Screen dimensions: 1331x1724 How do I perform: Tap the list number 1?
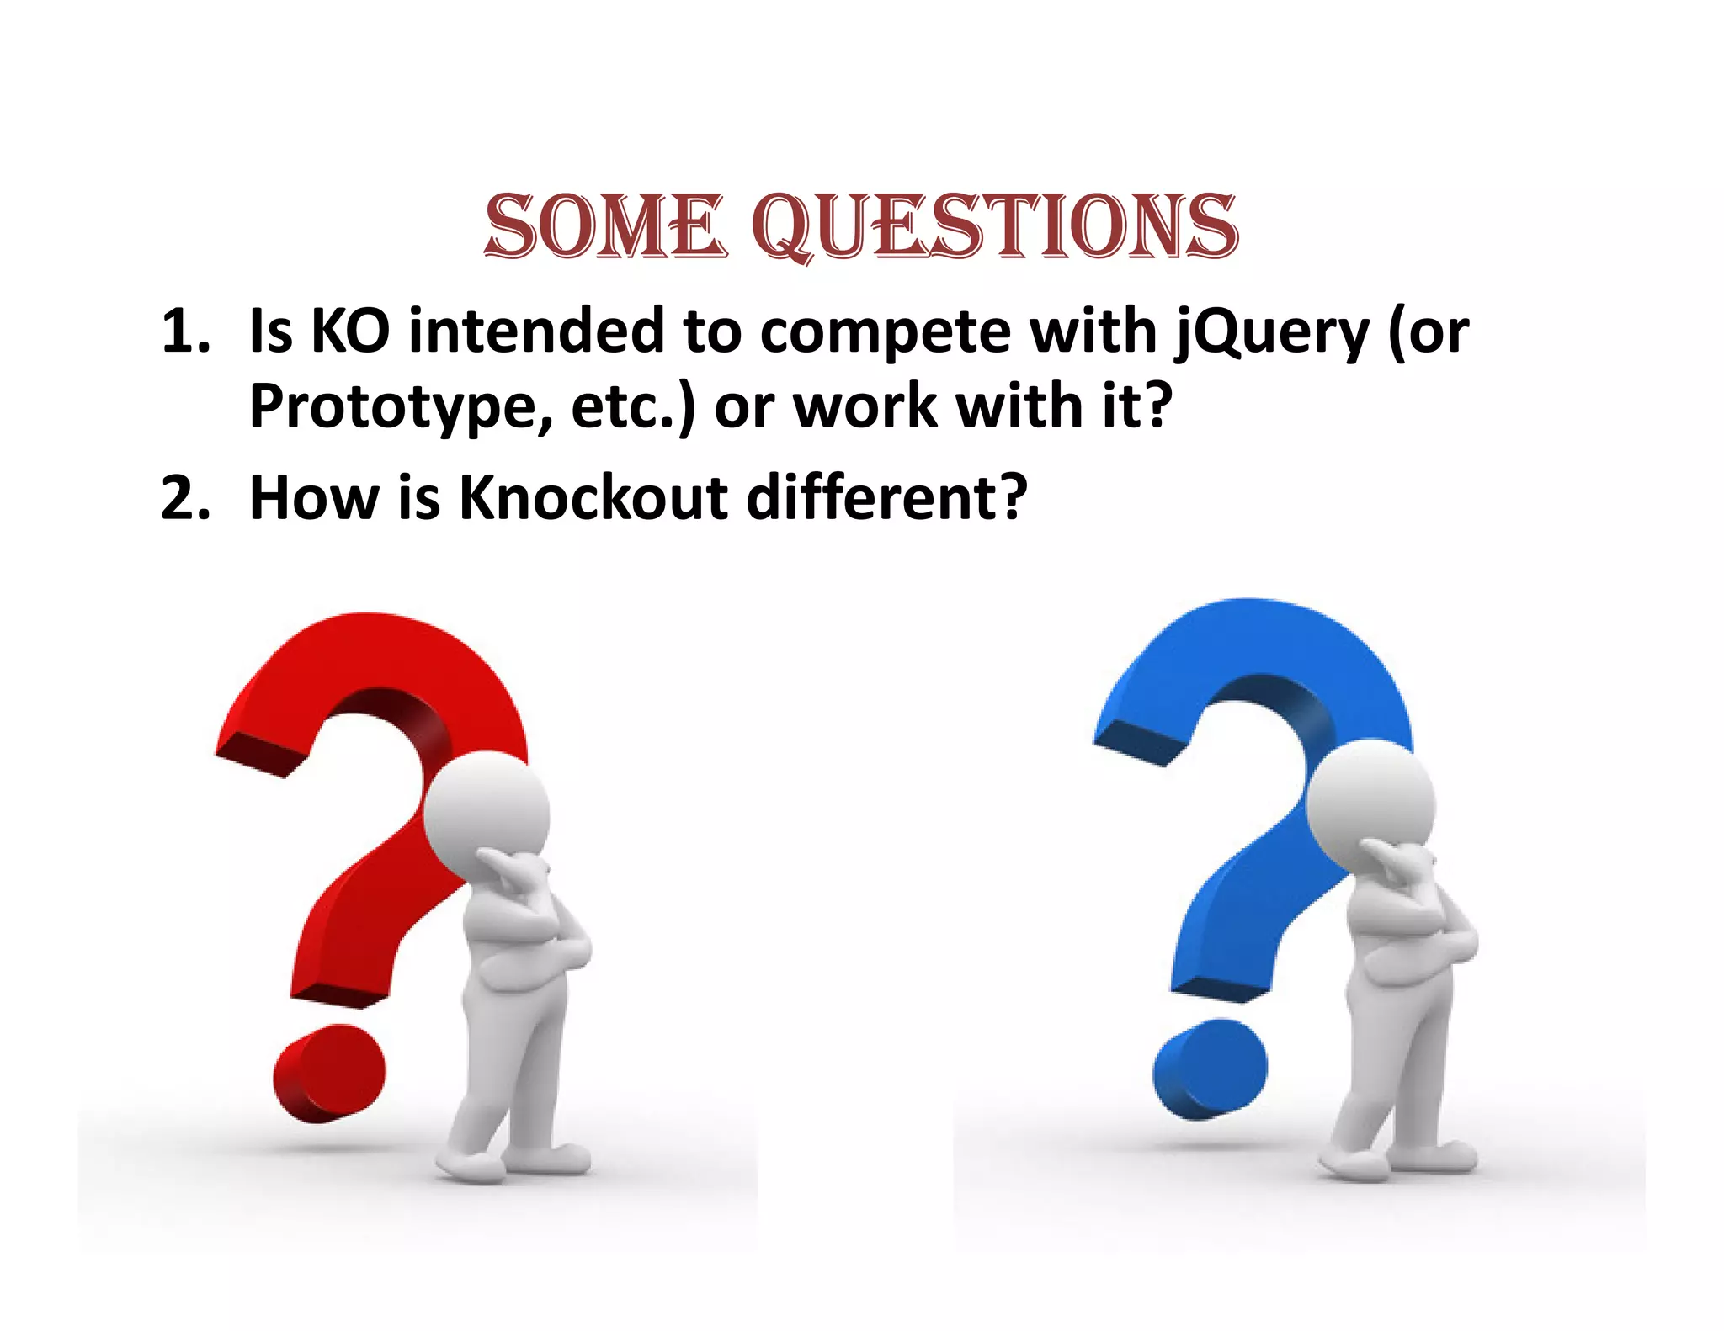[185, 331]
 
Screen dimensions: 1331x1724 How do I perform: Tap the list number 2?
[185, 497]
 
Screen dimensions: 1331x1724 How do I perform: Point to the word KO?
[350, 331]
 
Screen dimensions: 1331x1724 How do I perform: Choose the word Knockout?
[593, 497]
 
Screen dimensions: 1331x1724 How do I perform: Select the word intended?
[537, 331]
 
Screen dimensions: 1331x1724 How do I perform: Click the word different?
[886, 497]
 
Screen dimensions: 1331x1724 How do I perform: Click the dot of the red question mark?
[329, 1072]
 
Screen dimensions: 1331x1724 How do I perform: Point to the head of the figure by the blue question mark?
[1370, 795]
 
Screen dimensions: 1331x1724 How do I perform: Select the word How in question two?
[315, 497]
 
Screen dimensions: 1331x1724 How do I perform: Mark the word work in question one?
[866, 407]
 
